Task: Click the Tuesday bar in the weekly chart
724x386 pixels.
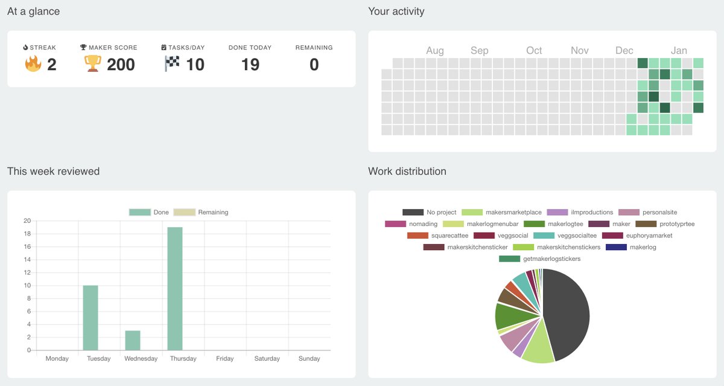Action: coord(91,318)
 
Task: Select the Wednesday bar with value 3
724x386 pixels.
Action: coord(133,340)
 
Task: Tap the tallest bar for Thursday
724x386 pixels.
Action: coord(175,289)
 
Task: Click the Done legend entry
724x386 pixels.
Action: coord(149,212)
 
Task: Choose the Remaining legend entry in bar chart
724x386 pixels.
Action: coord(201,212)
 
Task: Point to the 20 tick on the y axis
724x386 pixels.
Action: coord(27,220)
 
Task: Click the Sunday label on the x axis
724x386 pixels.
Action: coord(309,358)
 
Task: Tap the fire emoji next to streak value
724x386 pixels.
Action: coord(33,63)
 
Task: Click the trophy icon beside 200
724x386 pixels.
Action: coord(92,63)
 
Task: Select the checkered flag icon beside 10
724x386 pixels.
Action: coord(172,63)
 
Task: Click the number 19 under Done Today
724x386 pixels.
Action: coord(250,64)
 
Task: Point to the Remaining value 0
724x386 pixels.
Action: coord(314,64)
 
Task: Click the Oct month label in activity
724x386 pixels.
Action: coord(534,51)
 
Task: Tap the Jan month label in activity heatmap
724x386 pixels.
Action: coord(679,51)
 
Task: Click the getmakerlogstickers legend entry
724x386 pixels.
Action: coord(539,259)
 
